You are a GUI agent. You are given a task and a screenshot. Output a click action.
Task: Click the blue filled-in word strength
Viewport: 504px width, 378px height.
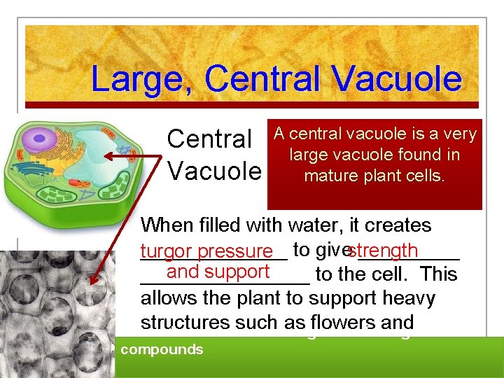(x=383, y=251)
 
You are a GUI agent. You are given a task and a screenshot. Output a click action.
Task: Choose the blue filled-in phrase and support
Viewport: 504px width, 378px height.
(x=218, y=272)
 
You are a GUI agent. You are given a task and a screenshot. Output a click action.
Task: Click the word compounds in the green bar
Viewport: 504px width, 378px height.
(x=162, y=349)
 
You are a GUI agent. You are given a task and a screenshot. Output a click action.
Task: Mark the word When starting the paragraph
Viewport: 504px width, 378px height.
(x=167, y=225)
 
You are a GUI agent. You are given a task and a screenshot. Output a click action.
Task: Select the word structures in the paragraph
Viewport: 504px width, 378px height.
(x=183, y=323)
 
